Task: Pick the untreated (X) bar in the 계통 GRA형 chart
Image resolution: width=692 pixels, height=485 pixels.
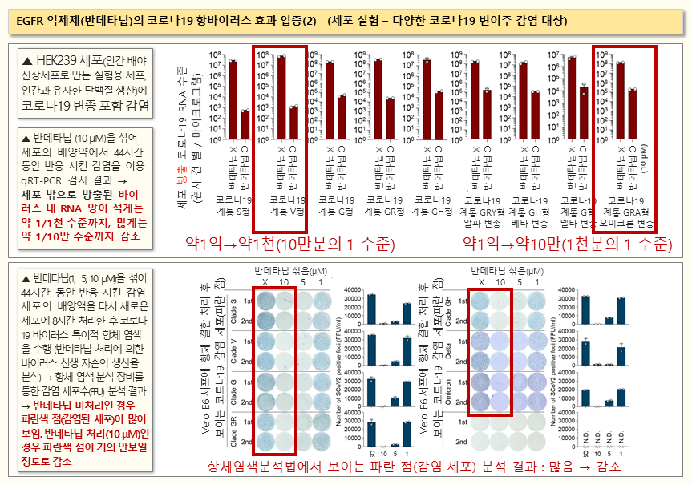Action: (619, 91)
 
